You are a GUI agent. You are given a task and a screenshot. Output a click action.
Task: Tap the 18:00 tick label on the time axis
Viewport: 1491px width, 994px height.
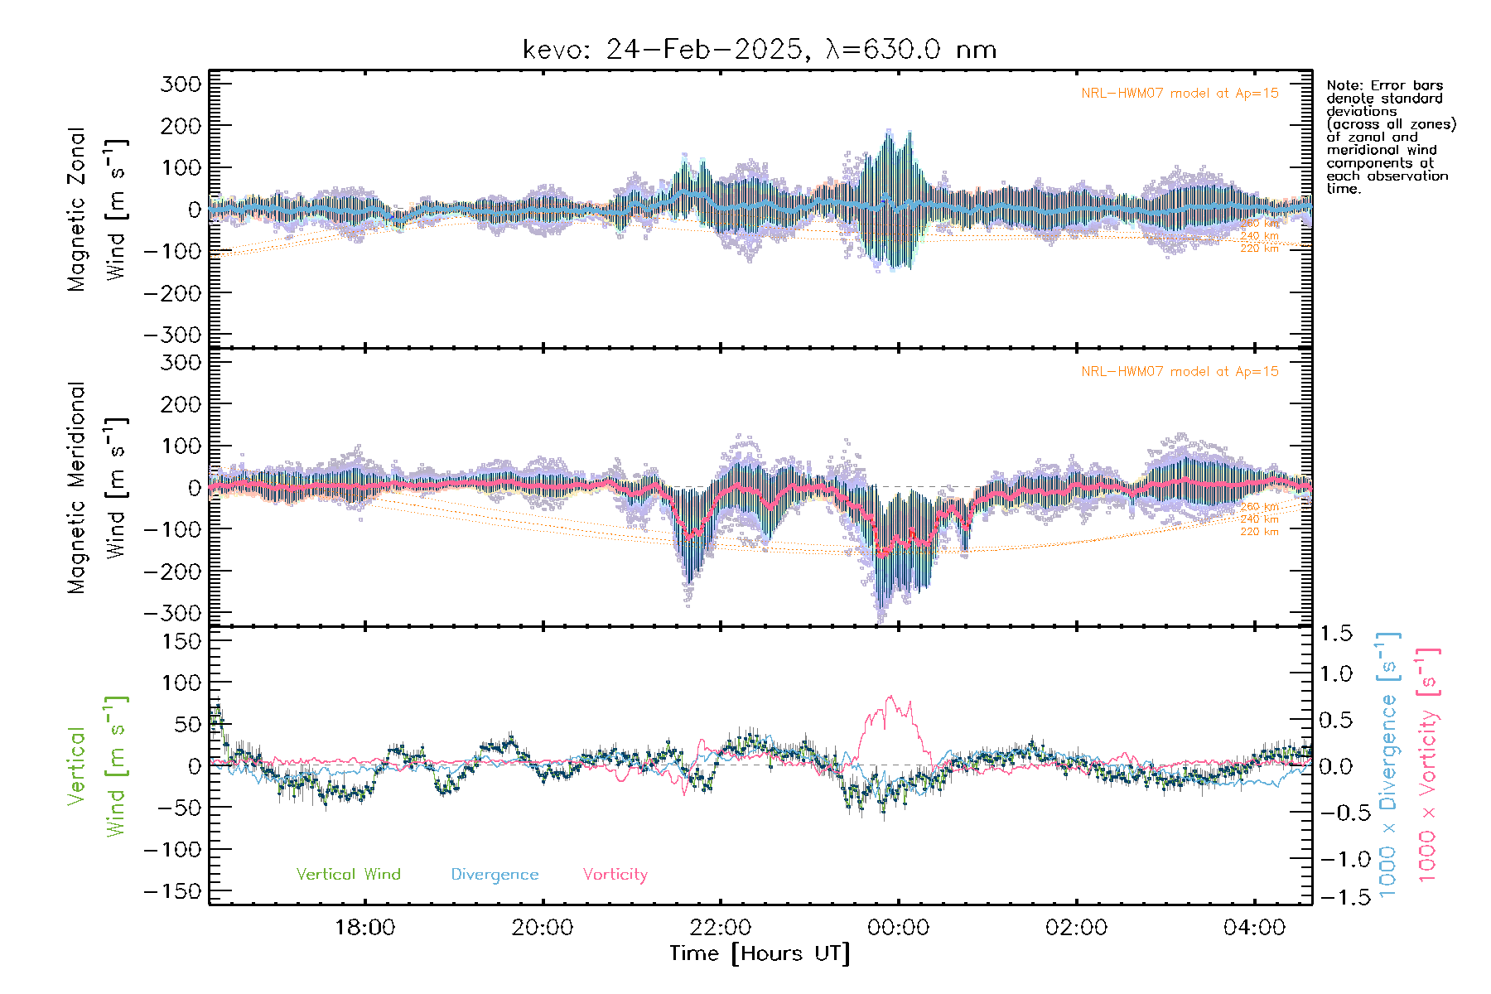point(364,927)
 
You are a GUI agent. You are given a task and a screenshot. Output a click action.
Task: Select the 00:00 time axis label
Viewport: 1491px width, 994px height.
point(898,927)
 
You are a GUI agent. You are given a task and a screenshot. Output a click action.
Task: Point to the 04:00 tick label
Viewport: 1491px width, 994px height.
point(1254,927)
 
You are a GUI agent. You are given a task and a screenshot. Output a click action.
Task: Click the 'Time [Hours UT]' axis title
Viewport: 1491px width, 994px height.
point(760,953)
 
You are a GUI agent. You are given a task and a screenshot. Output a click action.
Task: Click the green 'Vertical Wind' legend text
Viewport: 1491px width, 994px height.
point(348,874)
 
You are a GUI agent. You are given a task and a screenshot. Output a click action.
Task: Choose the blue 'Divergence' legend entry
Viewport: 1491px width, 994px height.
point(495,874)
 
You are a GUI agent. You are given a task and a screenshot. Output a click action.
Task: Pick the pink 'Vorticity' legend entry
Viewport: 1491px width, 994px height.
point(615,874)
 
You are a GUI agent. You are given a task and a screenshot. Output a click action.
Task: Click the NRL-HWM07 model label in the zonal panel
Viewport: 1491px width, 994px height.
point(1180,93)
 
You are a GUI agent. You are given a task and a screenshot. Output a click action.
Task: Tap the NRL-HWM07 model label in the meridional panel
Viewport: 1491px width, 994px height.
point(1180,371)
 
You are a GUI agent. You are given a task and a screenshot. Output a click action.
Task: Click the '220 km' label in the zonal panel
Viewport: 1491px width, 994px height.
point(1259,248)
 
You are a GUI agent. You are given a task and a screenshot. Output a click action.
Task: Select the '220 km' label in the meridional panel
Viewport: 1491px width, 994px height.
point(1259,532)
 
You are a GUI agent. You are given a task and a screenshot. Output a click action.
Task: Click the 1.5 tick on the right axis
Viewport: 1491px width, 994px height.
point(1335,634)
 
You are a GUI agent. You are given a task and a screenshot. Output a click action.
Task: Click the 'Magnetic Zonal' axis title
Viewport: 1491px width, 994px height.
point(76,210)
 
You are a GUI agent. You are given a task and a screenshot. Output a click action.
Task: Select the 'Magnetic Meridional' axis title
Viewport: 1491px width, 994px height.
point(76,488)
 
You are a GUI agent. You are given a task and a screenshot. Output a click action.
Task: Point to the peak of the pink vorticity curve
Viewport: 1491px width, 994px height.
point(890,697)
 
